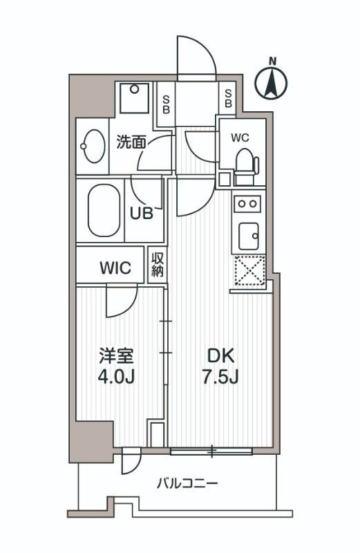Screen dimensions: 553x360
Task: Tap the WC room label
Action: click(x=240, y=137)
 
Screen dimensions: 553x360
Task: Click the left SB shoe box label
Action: click(x=166, y=103)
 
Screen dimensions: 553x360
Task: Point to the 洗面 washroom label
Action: click(x=131, y=142)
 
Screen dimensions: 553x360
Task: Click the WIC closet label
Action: click(x=115, y=268)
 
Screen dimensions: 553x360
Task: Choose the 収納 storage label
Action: click(x=158, y=264)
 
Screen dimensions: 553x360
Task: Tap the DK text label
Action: click(x=221, y=357)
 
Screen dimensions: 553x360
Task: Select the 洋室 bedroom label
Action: click(x=115, y=357)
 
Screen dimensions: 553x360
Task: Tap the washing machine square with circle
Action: click(x=135, y=98)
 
